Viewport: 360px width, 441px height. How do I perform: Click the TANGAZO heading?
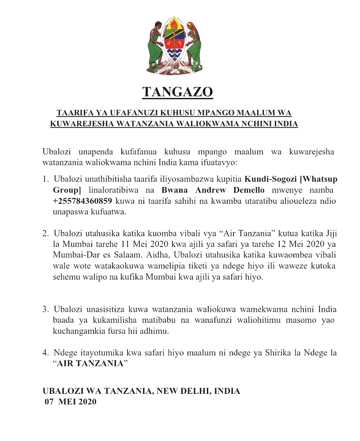click(x=178, y=92)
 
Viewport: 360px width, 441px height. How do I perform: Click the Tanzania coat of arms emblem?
click(x=176, y=45)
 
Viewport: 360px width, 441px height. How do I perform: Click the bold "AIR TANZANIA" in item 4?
click(x=92, y=364)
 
